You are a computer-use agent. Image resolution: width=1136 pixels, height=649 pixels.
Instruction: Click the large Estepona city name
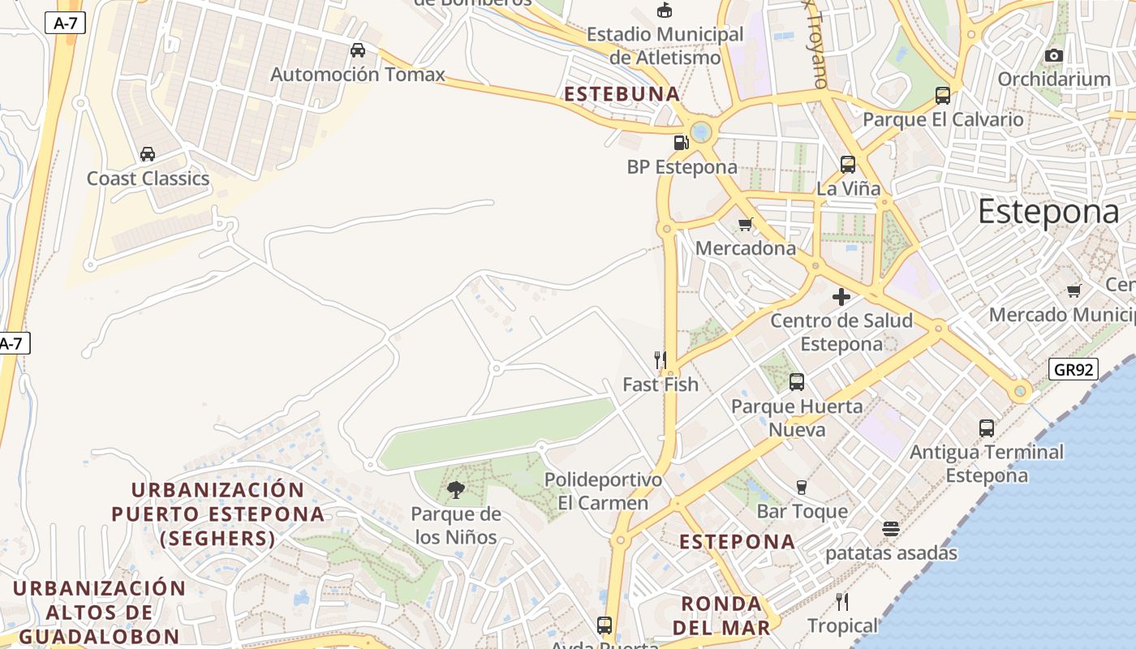click(x=1048, y=212)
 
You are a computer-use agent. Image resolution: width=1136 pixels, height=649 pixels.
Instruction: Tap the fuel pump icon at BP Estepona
click(x=681, y=143)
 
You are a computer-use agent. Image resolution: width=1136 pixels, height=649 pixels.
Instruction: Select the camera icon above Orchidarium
click(x=1053, y=55)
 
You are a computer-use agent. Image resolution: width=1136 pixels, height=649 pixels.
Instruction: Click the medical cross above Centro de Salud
click(x=841, y=296)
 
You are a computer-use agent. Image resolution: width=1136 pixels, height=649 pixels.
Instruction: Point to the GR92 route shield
click(x=1073, y=370)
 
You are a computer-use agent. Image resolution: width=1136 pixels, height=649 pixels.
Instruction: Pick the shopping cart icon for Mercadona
click(x=745, y=224)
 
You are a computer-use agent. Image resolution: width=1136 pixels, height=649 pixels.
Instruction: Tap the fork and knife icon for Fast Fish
click(x=660, y=359)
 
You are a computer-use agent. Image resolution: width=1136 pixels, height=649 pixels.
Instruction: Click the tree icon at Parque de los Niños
click(x=456, y=489)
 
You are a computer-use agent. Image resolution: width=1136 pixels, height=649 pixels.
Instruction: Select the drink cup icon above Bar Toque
click(x=802, y=487)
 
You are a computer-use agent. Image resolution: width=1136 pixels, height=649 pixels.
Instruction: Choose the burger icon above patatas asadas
click(x=891, y=529)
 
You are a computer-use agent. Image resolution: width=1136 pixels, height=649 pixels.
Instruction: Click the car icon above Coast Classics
click(x=148, y=154)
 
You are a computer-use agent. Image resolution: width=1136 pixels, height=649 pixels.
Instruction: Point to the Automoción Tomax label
click(x=358, y=75)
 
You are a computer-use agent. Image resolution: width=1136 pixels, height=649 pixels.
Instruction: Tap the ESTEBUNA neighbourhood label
click(x=622, y=94)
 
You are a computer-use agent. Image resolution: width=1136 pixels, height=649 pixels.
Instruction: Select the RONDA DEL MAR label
click(x=721, y=615)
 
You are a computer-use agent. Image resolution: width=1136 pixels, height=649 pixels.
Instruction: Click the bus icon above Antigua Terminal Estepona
click(x=987, y=428)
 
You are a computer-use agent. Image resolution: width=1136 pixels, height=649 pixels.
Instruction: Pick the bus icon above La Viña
click(x=848, y=165)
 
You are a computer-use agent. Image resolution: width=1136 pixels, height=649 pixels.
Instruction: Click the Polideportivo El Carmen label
click(x=603, y=491)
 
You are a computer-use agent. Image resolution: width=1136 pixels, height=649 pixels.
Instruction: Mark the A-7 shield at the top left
click(x=65, y=23)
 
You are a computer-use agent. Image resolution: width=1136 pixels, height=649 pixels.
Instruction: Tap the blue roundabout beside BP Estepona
click(x=701, y=131)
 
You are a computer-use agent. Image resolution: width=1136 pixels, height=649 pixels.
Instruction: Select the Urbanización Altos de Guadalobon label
click(x=99, y=612)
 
